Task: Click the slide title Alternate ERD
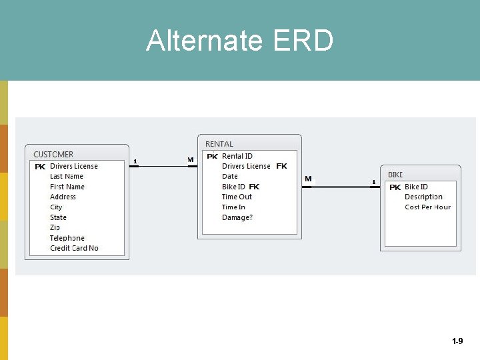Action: click(x=240, y=41)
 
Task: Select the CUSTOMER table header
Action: click(x=53, y=155)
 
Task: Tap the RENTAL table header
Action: click(x=219, y=144)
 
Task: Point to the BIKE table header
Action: click(x=395, y=175)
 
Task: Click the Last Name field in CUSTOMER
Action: click(x=67, y=177)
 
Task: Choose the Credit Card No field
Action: click(x=74, y=249)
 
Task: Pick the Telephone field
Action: click(x=67, y=238)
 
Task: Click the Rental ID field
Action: click(x=237, y=156)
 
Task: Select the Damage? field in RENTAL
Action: click(x=237, y=217)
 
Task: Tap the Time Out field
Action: click(x=237, y=197)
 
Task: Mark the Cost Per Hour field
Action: click(x=427, y=207)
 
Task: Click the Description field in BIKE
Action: click(x=423, y=197)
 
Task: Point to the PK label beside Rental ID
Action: click(x=212, y=157)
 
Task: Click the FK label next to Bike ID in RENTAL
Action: click(x=254, y=187)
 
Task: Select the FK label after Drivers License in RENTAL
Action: click(x=281, y=166)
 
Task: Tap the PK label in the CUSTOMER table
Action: click(x=40, y=167)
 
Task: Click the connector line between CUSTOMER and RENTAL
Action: click(x=163, y=166)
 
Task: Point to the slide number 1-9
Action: click(x=457, y=341)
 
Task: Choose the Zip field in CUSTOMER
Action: click(x=55, y=228)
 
